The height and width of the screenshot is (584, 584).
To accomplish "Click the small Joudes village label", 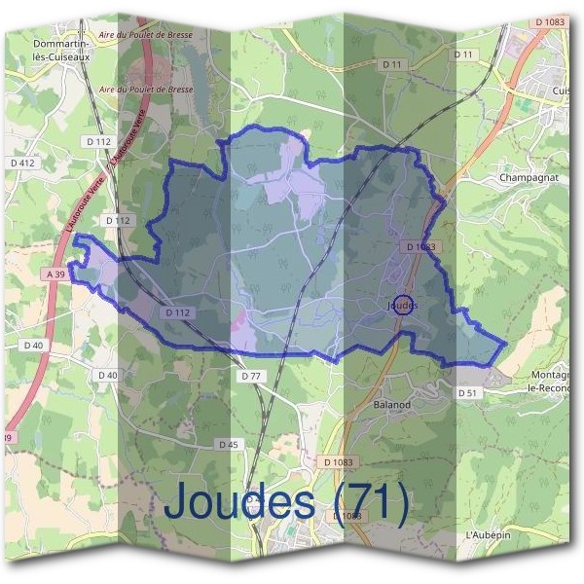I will click(402, 306).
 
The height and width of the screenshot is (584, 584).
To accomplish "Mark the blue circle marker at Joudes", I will click(406, 304).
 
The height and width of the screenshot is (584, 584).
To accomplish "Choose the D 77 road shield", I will click(250, 375).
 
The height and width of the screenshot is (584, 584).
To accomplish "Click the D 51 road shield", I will click(468, 392).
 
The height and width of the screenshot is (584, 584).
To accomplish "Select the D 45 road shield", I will click(229, 445).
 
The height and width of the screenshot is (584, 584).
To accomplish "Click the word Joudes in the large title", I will click(242, 502).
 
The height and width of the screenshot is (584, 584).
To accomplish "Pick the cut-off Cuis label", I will click(562, 91).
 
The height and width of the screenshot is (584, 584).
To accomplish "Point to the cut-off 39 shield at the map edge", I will click(7, 439).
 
